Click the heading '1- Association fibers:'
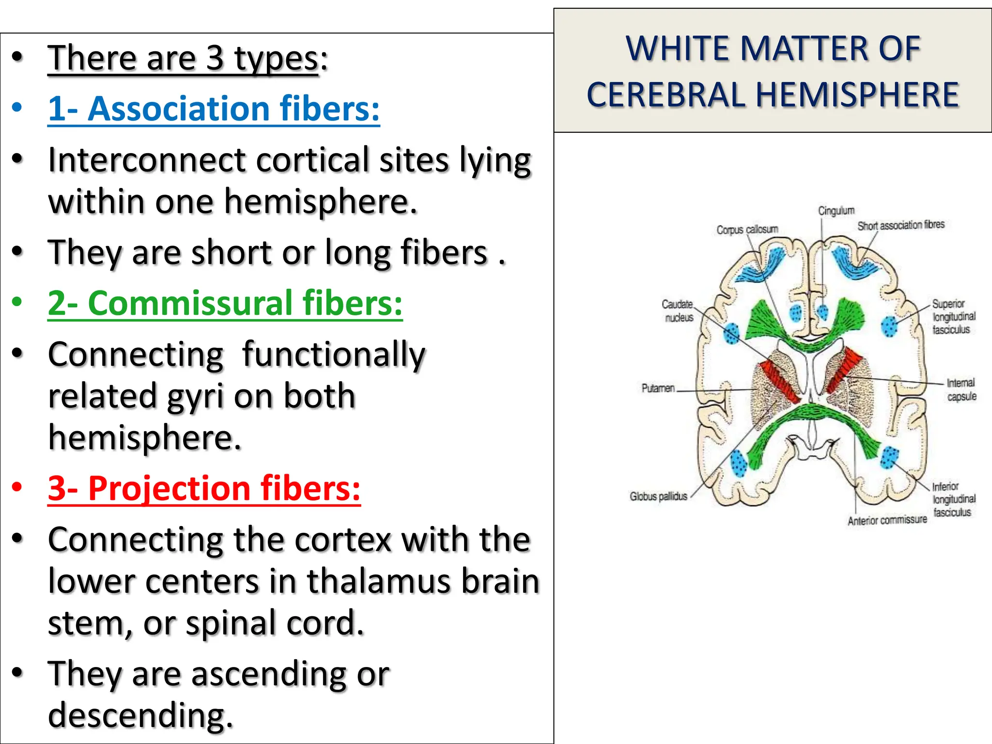coord(213,108)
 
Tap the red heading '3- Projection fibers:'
coord(204,488)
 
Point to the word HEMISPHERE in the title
coord(857,94)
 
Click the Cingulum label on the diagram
coord(836,211)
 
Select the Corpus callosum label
coord(747,230)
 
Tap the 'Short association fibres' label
coord(900,225)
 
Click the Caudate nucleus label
coord(678,310)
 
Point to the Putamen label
coord(658,388)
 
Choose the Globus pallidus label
coord(658,496)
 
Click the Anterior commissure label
coord(886,520)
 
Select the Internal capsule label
coord(961,389)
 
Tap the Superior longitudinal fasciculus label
coord(953,317)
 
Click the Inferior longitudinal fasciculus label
coord(953,499)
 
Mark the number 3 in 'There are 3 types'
coord(215,58)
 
